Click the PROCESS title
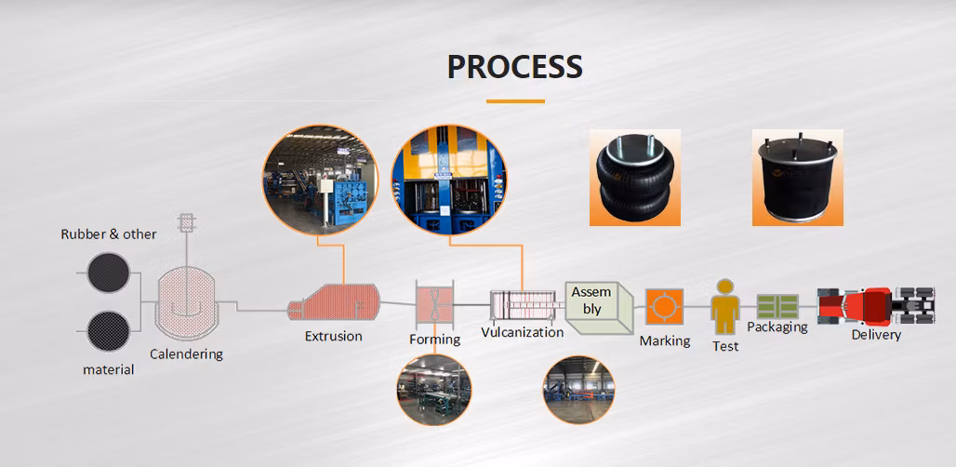pyautogui.click(x=514, y=67)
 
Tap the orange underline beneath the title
pyautogui.click(x=514, y=100)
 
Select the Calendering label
pyautogui.click(x=186, y=354)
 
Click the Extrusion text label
pyautogui.click(x=333, y=336)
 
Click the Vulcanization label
pyautogui.click(x=522, y=332)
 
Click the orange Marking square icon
pyautogui.click(x=664, y=307)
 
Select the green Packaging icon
pyautogui.click(x=777, y=307)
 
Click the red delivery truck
pyautogui.click(x=874, y=306)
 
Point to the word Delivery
pyautogui.click(x=875, y=335)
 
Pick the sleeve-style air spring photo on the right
pyautogui.click(x=797, y=178)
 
